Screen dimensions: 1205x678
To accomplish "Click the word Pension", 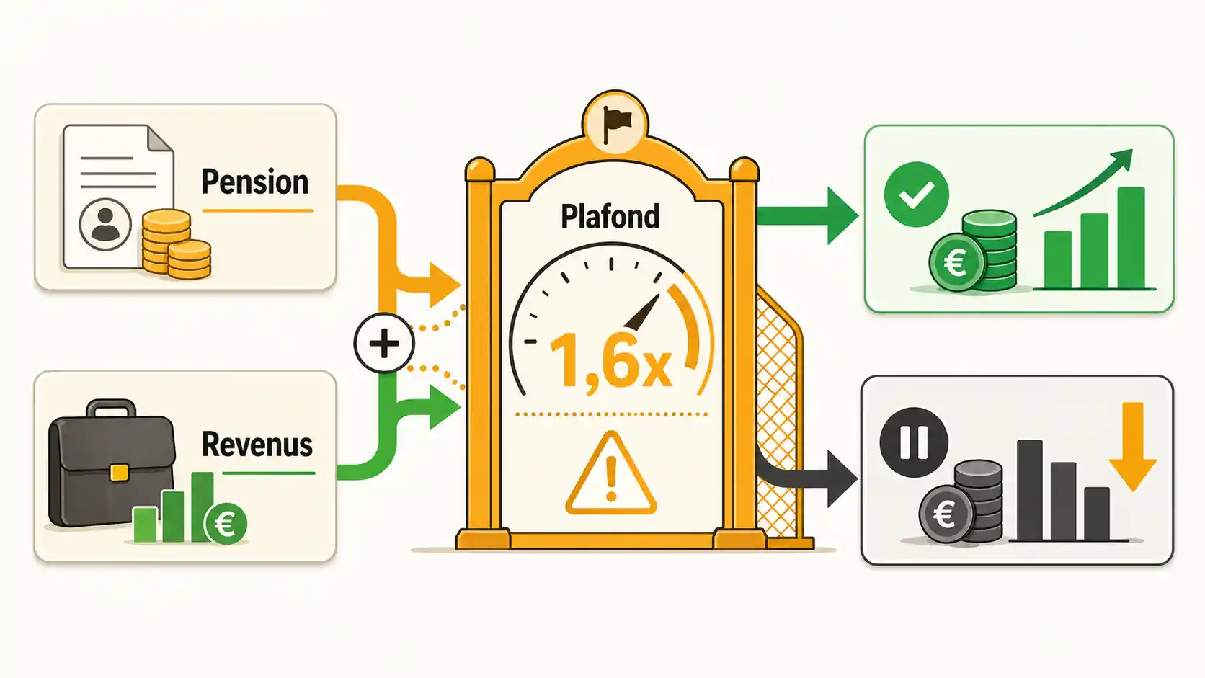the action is click(255, 182).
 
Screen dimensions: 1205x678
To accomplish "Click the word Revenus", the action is click(257, 445).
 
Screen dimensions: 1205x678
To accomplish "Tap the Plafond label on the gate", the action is click(610, 217).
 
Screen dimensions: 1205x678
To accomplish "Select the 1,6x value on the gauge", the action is click(610, 360).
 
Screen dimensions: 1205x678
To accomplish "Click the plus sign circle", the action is click(384, 343).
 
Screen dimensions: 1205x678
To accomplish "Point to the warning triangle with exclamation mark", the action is click(610, 473).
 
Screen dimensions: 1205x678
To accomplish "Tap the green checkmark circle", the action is click(916, 194).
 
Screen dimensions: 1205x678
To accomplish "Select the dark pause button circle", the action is click(913, 442).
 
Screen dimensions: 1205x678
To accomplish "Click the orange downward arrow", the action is click(1133, 446).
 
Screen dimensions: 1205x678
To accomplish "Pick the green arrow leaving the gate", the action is click(807, 215).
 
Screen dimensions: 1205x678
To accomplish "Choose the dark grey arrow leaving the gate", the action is click(807, 476).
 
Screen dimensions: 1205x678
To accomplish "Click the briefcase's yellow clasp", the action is click(119, 473).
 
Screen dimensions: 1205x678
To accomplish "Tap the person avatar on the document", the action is click(105, 224).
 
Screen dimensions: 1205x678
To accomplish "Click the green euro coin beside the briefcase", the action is click(226, 523).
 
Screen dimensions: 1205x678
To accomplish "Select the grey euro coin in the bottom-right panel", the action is click(946, 514).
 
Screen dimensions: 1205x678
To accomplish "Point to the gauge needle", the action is click(641, 313).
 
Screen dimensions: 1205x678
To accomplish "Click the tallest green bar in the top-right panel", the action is click(1131, 238).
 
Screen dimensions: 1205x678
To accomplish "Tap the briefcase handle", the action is click(112, 408).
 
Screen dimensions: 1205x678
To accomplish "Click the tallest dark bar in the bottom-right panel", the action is click(1030, 490).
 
